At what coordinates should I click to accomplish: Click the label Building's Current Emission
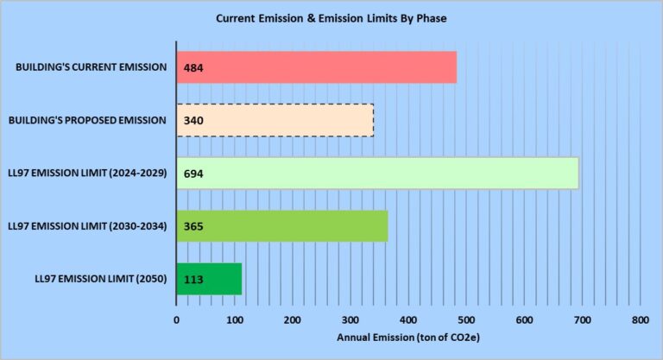click(x=91, y=66)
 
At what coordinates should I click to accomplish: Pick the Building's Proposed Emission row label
click(x=87, y=120)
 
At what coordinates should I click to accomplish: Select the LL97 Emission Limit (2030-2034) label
click(x=86, y=226)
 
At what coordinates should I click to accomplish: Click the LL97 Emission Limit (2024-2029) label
click(x=86, y=173)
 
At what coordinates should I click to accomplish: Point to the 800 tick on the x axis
click(x=640, y=320)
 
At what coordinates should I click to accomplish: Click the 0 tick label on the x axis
click(x=176, y=320)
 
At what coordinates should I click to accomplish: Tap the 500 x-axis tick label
click(x=466, y=320)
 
